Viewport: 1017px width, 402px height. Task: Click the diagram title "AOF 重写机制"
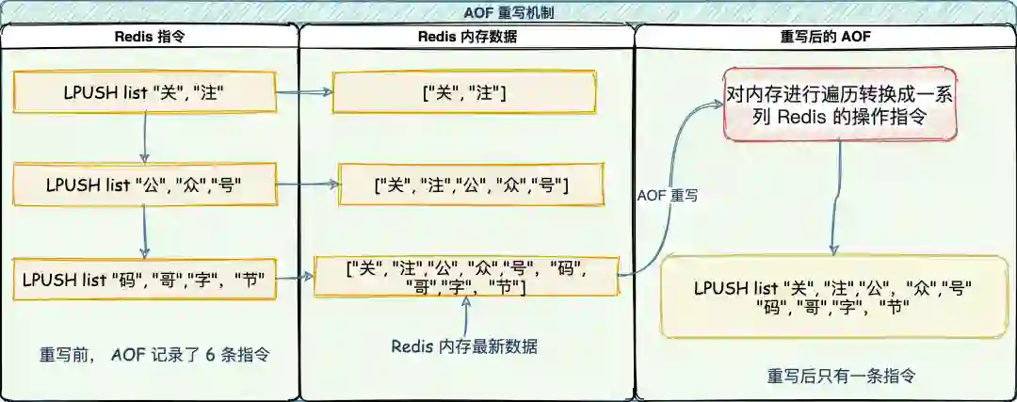[508, 11]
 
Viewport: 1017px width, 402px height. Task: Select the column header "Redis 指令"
[149, 37]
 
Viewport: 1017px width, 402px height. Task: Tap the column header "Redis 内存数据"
[466, 37]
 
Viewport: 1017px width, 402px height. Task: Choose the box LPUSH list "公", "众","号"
[144, 185]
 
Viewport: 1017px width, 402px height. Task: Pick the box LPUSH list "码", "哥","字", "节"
[144, 279]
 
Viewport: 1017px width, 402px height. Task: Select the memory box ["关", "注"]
[464, 92]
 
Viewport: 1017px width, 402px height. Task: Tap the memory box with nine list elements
[465, 276]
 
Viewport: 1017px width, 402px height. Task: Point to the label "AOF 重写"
[668, 195]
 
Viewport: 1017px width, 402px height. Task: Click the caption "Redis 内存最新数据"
[464, 346]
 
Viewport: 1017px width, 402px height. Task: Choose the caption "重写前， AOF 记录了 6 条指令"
[154, 356]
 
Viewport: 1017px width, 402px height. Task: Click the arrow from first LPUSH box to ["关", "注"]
[304, 92]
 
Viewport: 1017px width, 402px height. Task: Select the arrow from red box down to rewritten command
[833, 199]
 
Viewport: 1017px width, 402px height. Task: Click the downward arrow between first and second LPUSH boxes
[144, 137]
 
